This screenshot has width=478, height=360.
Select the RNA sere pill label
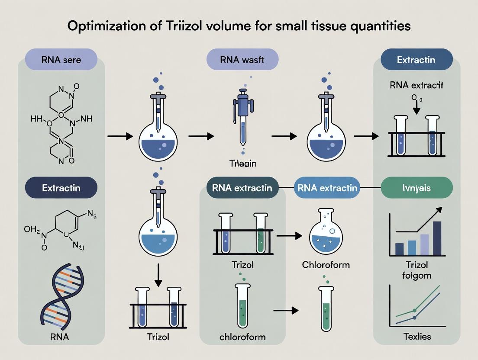coord(61,60)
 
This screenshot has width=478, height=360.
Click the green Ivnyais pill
coord(417,188)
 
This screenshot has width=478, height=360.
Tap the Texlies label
coord(417,336)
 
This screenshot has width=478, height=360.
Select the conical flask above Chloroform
coord(326,234)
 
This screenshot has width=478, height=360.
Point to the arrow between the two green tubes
coord(286,310)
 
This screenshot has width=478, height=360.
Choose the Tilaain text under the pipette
coord(242,164)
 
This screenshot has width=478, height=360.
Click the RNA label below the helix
coord(61,336)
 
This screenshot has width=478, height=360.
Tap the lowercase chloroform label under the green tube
coord(242,337)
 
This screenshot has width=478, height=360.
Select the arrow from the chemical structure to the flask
coord(120,137)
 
